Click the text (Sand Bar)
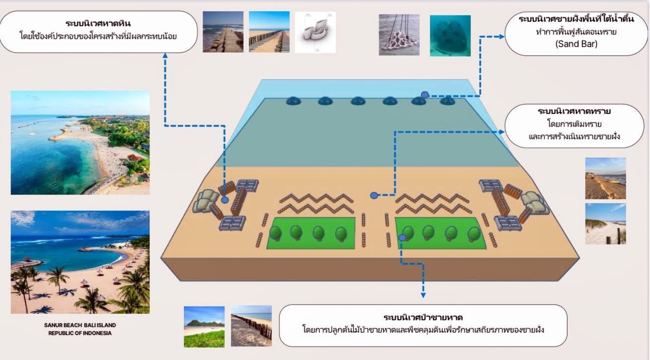pyautogui.click(x=576, y=44)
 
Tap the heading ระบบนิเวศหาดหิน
pyautogui.click(x=98, y=23)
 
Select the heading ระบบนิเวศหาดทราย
pyautogui.click(x=574, y=111)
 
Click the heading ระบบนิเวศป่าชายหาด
pyautogui.click(x=423, y=317)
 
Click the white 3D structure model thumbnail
pyautogui.click(x=315, y=32)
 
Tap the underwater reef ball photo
pyautogui.click(x=450, y=36)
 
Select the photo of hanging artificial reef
pyautogui.click(x=399, y=35)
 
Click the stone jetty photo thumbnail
pyautogui.click(x=223, y=32)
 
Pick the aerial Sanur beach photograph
pyautogui.click(x=80, y=142)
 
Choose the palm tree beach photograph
pyautogui.click(x=80, y=262)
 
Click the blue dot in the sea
pyautogui.click(x=425, y=95)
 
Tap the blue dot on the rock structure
pyautogui.click(x=225, y=200)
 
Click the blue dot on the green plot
pyautogui.click(x=402, y=238)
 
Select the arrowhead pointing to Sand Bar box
pyautogui.click(x=501, y=37)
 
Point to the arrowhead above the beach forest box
pyautogui.click(x=423, y=295)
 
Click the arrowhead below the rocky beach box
pyautogui.click(x=165, y=55)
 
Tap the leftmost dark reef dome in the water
pyautogui.click(x=293, y=101)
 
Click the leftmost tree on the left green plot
pyautogui.click(x=275, y=234)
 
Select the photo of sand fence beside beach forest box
pyautogui.click(x=251, y=326)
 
